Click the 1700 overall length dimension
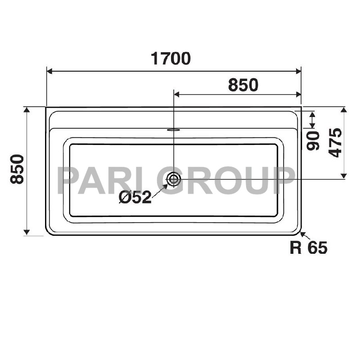pyautogui.click(x=171, y=58)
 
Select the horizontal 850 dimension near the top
pyautogui.click(x=243, y=85)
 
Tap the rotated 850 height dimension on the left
pyautogui.click(x=17, y=169)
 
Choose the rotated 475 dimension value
pyautogui.click(x=335, y=143)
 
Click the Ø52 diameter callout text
pyautogui.click(x=135, y=198)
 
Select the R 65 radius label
pyautogui.click(x=308, y=247)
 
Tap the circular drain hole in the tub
pyautogui.click(x=173, y=179)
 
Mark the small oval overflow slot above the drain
pyautogui.click(x=173, y=130)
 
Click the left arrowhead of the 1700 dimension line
pyautogui.click(x=50, y=71)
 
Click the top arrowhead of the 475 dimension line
pyautogui.click(x=344, y=110)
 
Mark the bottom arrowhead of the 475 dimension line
pyautogui.click(x=344, y=176)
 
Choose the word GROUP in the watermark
pyautogui.click(x=227, y=180)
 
